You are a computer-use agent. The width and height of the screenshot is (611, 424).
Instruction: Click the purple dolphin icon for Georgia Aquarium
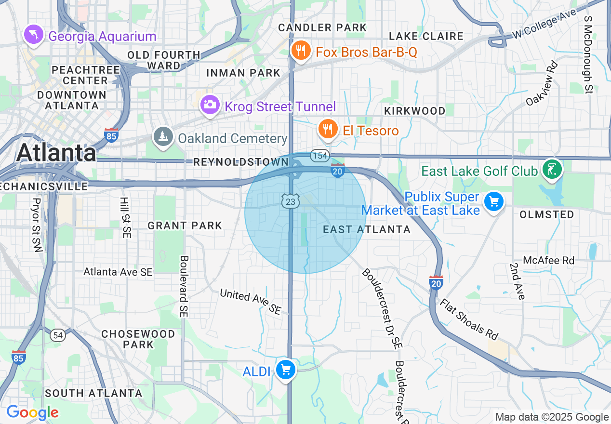click(33, 35)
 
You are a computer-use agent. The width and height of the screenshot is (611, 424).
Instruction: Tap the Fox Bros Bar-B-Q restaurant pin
click(301, 50)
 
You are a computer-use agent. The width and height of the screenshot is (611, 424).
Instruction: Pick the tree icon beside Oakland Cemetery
click(163, 137)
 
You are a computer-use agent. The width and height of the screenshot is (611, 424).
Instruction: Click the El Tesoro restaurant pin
click(328, 129)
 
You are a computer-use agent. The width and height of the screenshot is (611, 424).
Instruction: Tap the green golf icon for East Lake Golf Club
click(552, 170)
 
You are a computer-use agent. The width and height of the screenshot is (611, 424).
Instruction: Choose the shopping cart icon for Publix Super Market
click(493, 201)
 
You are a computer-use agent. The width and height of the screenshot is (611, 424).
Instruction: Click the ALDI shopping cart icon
click(286, 370)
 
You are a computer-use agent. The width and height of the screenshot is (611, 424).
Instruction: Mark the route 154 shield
click(319, 156)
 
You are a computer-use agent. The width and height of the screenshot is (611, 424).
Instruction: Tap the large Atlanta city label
click(56, 153)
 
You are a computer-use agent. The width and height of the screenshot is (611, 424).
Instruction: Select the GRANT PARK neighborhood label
click(185, 225)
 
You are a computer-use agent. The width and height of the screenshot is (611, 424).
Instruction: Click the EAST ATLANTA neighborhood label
click(367, 229)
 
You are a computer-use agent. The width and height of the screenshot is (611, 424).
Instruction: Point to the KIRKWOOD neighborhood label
click(414, 111)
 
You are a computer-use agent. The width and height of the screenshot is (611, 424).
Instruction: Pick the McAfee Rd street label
click(548, 260)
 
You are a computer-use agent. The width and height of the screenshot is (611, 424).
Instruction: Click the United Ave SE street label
click(250, 301)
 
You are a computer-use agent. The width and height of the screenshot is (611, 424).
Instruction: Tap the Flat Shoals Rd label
click(468, 319)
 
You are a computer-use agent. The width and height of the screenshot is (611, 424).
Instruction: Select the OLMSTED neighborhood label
click(547, 215)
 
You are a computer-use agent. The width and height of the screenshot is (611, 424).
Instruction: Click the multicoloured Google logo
click(32, 412)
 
